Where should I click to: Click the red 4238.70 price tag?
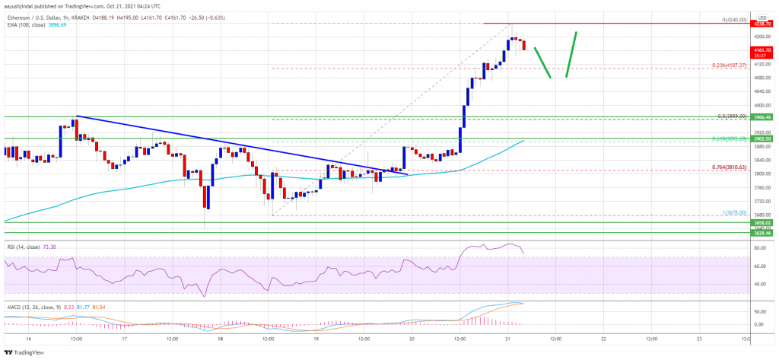click(x=762, y=24)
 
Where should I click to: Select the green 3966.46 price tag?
click(x=762, y=117)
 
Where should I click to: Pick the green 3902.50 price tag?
click(x=762, y=139)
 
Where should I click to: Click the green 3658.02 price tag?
click(x=762, y=222)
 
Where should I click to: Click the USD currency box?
click(x=762, y=16)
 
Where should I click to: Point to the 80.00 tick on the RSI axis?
click(x=759, y=248)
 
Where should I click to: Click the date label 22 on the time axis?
click(x=603, y=338)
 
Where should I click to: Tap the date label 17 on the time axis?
click(x=123, y=338)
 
